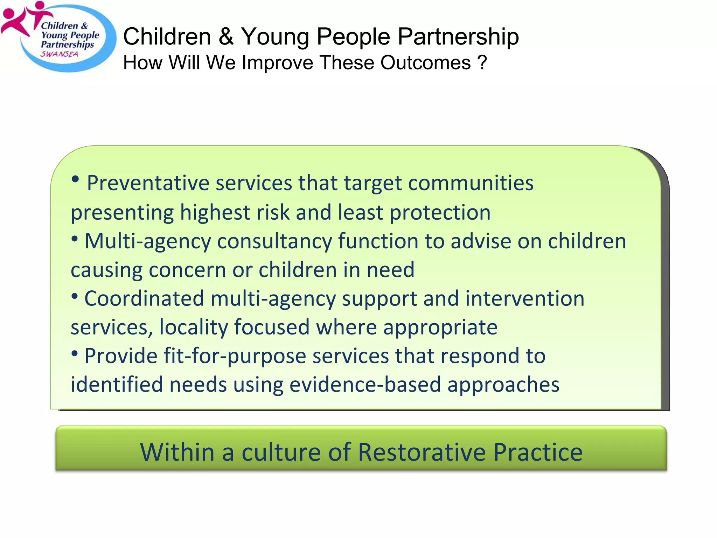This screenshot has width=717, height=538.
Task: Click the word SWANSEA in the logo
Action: pyautogui.click(x=59, y=54)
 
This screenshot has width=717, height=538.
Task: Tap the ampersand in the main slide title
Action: pyautogui.click(x=226, y=37)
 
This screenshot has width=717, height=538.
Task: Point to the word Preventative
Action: pyautogui.click(x=148, y=183)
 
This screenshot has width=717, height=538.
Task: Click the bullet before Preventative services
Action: pyautogui.click(x=75, y=180)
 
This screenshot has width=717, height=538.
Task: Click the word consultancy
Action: pyautogui.click(x=274, y=242)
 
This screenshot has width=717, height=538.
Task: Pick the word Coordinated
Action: pyautogui.click(x=144, y=299)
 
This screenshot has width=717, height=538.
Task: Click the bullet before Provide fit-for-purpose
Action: pyautogui.click(x=75, y=353)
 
